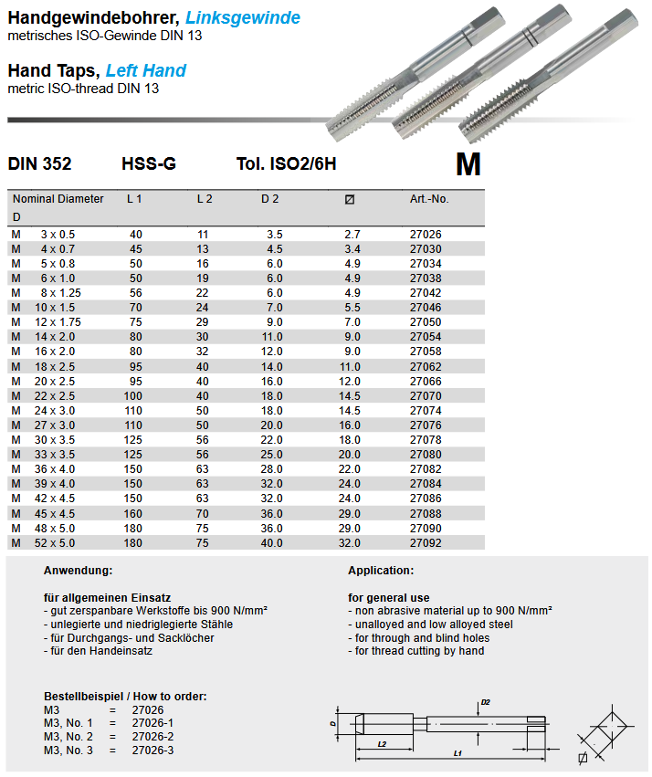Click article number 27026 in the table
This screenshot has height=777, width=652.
[426, 235]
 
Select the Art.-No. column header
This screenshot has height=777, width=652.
[429, 198]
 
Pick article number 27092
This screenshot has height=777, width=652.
[426, 542]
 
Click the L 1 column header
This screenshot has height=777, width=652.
[135, 198]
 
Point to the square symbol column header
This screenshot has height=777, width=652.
[350, 199]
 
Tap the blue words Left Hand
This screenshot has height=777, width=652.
[146, 70]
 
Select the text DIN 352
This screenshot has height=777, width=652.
[39, 164]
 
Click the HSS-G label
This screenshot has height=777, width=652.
[149, 164]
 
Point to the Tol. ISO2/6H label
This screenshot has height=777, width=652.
[286, 164]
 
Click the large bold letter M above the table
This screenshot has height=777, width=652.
[468, 164]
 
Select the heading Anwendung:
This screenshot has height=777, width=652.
[78, 570]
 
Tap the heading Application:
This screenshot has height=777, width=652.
[381, 570]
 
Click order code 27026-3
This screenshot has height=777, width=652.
[152, 750]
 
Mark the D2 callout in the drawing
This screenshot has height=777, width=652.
[486, 701]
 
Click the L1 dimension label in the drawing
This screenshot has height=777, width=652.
[456, 753]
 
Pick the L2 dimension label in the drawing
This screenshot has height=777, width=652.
[382, 743]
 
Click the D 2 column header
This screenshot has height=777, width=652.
[270, 198]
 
